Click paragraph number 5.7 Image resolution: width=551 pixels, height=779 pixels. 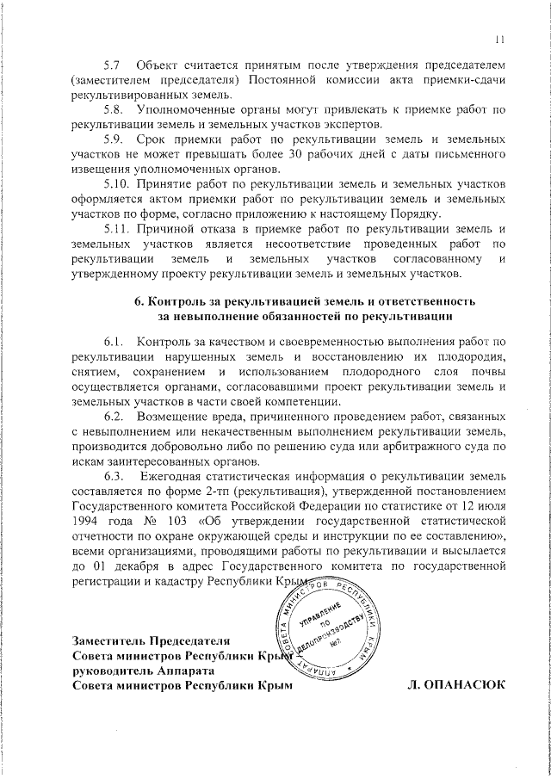point(112,65)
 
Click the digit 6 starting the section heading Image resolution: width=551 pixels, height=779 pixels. point(139,303)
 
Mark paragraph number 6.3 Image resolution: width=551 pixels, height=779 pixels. point(112,475)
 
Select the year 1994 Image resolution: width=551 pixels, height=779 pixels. point(89,521)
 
